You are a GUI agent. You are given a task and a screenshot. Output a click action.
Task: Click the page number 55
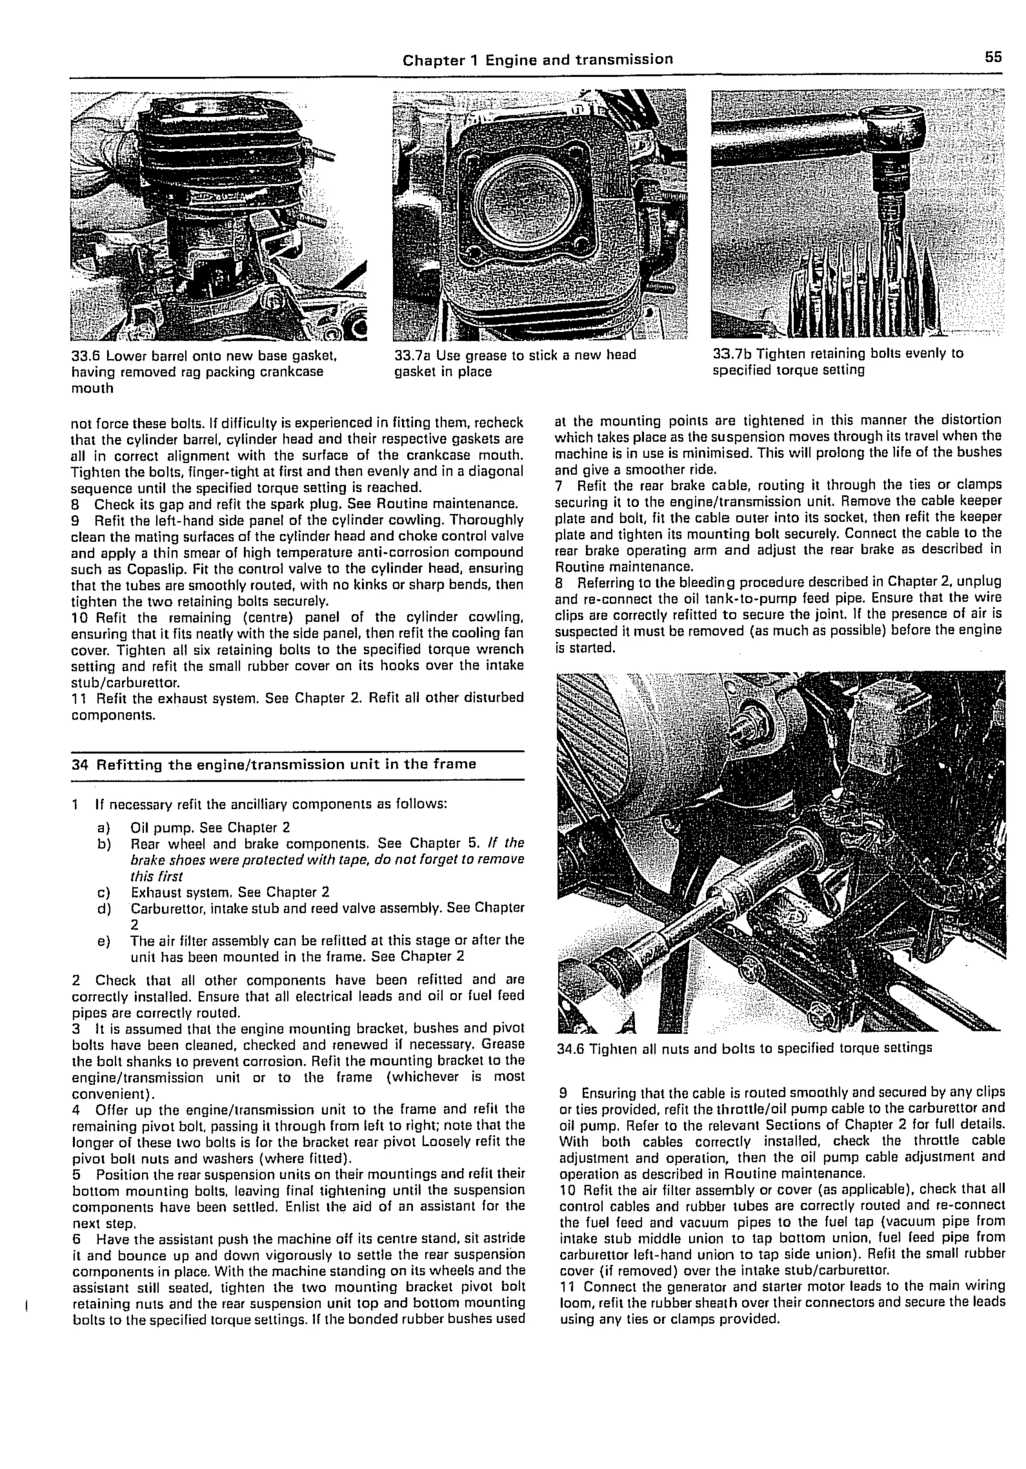tap(993, 58)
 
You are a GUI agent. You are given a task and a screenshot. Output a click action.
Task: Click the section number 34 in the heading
tap(79, 764)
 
